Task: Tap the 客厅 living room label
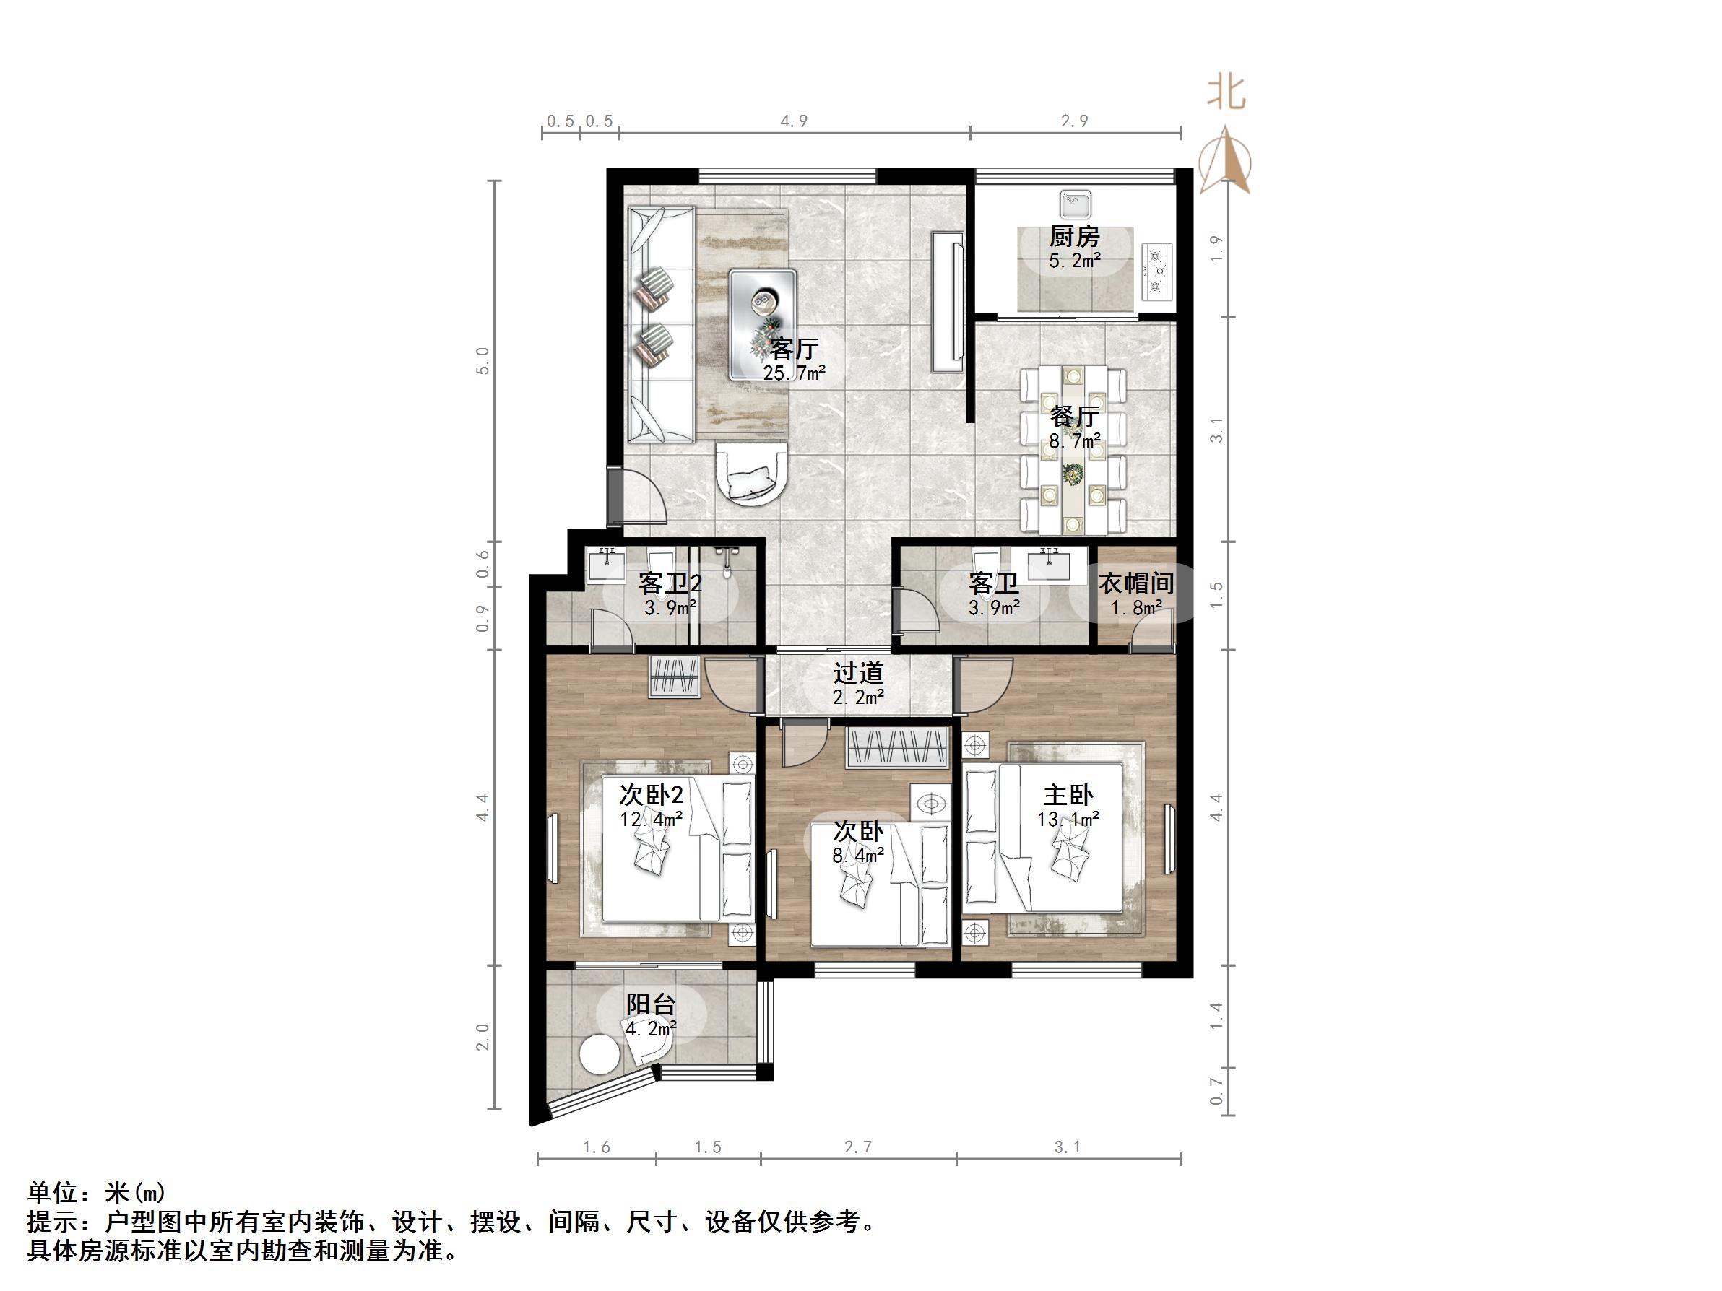pyautogui.click(x=793, y=348)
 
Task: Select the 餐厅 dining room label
pyautogui.click(x=1074, y=417)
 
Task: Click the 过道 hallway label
pyautogui.click(x=858, y=672)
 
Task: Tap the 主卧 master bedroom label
pyautogui.click(x=1068, y=794)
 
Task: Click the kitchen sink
pyautogui.click(x=1075, y=204)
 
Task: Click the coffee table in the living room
pyautogui.click(x=763, y=323)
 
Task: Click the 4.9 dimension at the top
pyautogui.click(x=794, y=121)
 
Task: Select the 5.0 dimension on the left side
pyautogui.click(x=483, y=360)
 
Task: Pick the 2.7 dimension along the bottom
pyautogui.click(x=858, y=1147)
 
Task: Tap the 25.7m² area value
pyautogui.click(x=794, y=373)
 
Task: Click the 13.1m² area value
pyautogui.click(x=1068, y=819)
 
